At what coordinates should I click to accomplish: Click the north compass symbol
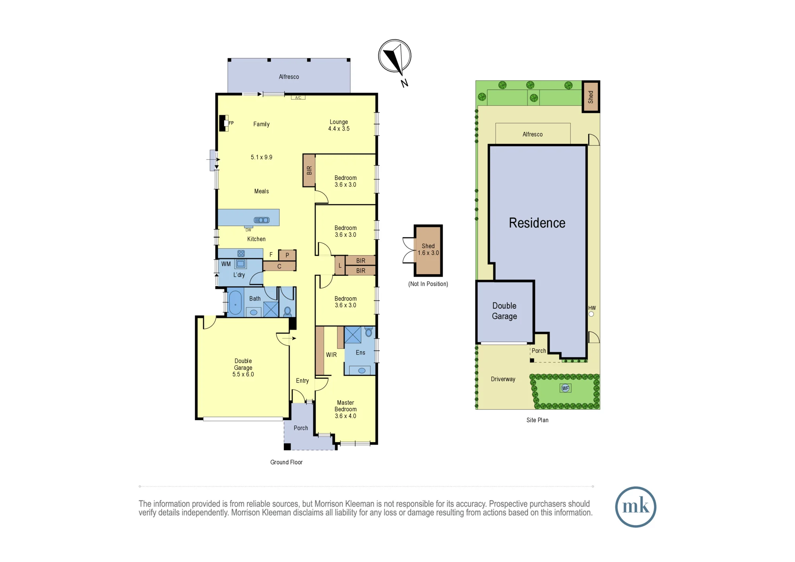tap(394, 56)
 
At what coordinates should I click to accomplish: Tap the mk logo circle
tap(635, 507)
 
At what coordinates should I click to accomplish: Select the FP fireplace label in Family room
tap(231, 123)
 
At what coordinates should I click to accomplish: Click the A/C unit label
tap(298, 97)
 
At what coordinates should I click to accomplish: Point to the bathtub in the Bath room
tap(235, 303)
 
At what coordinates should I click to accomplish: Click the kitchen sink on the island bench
tap(262, 220)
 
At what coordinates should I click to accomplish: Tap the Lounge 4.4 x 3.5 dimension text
tap(339, 128)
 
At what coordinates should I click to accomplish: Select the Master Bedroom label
tap(345, 406)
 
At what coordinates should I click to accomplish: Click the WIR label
tap(331, 355)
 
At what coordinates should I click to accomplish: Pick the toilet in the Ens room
tap(368, 331)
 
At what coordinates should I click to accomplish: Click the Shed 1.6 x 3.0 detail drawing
tap(428, 250)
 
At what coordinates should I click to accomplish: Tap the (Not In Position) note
tap(428, 284)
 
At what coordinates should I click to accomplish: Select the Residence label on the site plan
tap(537, 223)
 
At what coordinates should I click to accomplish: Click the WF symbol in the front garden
tap(565, 388)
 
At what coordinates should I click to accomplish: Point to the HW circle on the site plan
tap(591, 314)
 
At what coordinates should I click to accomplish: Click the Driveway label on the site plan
tap(503, 379)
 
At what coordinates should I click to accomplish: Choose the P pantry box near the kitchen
tap(287, 255)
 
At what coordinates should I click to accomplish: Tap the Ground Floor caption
tap(286, 462)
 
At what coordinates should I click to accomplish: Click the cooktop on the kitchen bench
tap(241, 253)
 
